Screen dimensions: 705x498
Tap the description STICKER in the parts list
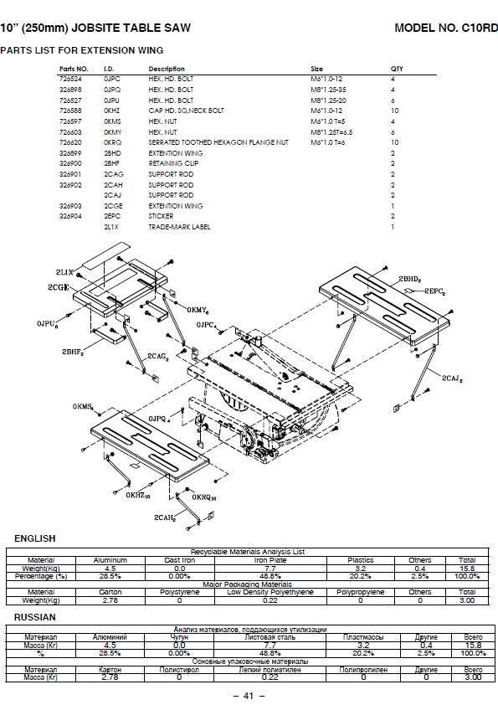[161, 216]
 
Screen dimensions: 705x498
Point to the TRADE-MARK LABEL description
[179, 227]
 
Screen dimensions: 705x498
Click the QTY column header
[397, 69]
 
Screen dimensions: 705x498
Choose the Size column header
[316, 69]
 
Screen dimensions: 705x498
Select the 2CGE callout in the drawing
[59, 286]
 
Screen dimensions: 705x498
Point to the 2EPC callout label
[433, 291]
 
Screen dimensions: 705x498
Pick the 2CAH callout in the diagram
[165, 519]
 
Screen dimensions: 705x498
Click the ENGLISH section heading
[35, 538]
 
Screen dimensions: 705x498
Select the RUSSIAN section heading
[35, 617]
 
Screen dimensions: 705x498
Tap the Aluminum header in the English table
[110, 560]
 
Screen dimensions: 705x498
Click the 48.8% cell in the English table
[270, 576]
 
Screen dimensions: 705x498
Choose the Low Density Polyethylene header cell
[270, 592]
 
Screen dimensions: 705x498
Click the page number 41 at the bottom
[249, 696]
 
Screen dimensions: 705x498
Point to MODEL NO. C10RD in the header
[445, 28]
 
